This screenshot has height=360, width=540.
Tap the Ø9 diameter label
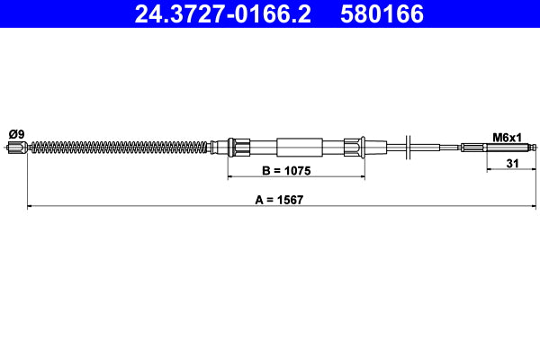15,134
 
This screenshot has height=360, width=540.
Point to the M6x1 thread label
508,137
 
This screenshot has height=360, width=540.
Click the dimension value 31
511,163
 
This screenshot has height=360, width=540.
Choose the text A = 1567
279,200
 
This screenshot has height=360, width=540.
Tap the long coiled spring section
117,148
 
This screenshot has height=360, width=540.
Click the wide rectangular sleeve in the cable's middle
299,148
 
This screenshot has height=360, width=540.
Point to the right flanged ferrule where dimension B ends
355,148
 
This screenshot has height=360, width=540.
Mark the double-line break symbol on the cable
409,148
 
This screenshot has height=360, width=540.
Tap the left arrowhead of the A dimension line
31,208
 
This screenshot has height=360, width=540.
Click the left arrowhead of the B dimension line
230,178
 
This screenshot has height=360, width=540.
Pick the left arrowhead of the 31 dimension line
489,170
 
